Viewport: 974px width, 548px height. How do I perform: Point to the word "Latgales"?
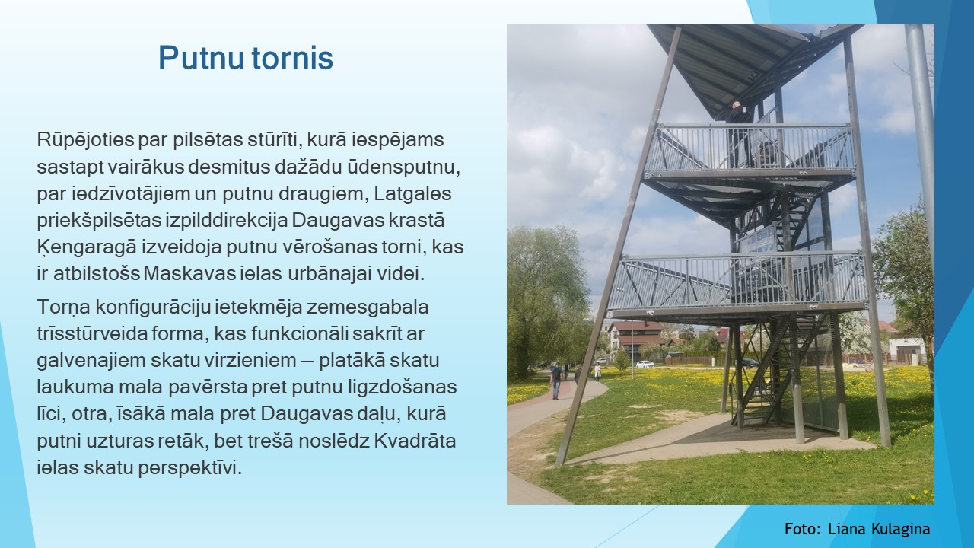[412, 194]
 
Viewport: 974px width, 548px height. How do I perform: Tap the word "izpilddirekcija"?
[227, 221]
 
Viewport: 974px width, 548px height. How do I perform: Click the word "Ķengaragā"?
[87, 248]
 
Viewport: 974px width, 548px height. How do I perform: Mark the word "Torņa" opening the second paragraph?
[63, 307]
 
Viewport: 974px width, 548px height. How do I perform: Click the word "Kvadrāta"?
[415, 441]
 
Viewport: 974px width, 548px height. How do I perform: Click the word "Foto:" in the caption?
[802, 529]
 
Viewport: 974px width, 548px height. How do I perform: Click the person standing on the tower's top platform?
[737, 130]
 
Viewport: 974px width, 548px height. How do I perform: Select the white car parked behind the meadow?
[645, 364]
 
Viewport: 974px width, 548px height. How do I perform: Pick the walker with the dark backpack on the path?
[555, 381]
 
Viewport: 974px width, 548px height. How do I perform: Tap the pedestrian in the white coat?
[598, 373]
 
